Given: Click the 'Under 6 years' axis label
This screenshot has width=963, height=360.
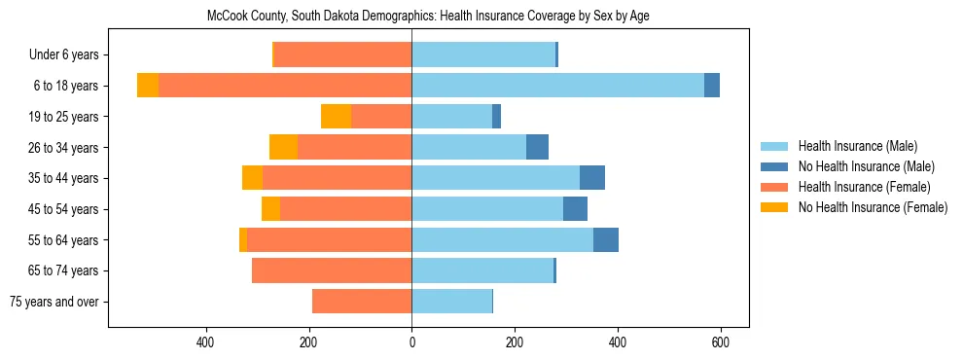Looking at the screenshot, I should [63, 55].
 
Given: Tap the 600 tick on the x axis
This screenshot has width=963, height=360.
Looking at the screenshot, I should [721, 342].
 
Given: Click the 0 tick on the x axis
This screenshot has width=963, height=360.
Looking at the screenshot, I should [411, 342].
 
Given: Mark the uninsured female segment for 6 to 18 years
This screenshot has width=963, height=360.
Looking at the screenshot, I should [148, 86].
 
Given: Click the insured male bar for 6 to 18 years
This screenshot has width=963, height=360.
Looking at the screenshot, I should [557, 86].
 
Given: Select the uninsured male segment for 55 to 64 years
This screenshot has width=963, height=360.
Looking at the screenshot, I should [606, 239].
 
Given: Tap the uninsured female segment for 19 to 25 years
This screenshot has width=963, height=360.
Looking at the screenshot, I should [336, 117].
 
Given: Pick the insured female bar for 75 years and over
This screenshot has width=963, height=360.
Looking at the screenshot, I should [362, 302].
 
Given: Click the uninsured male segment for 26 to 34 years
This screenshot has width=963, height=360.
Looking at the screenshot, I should [537, 147].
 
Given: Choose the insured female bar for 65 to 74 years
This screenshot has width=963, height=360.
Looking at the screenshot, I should [332, 270].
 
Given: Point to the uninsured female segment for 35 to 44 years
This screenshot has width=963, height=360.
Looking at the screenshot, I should [252, 178].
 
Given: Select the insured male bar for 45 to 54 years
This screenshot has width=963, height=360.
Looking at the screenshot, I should [487, 209].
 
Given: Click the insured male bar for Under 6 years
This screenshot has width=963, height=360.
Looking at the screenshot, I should [483, 55].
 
